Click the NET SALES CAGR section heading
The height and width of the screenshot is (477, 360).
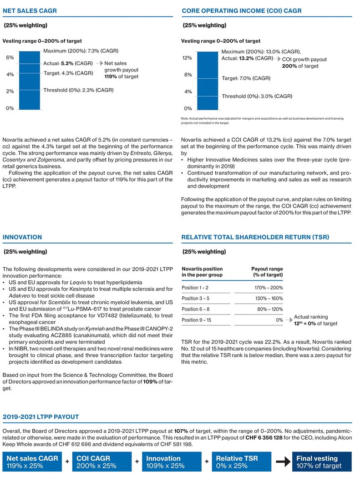30,10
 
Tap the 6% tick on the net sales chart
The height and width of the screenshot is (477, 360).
10,57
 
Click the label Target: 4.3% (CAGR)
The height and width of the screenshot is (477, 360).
68,73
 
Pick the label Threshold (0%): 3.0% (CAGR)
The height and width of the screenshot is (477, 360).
257,96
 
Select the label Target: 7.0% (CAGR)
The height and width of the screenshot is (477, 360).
246,78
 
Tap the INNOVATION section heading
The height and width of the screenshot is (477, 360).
22,237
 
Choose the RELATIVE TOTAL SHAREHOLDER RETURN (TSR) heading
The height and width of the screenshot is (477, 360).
255,237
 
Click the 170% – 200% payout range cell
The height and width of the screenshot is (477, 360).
269,288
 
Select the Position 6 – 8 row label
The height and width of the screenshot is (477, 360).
196,309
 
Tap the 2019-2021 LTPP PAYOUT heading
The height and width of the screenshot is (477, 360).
41,416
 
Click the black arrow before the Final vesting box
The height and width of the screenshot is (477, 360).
283,462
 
